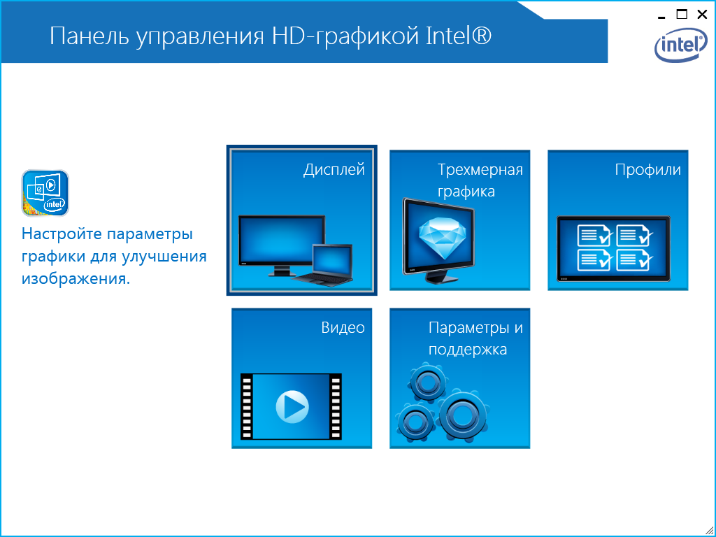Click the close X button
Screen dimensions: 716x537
702,15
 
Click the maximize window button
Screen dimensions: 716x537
682,14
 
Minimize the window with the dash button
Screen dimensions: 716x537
661,17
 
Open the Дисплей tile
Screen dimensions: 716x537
302,220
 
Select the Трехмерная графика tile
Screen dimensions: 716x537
460,220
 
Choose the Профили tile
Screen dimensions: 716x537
618,220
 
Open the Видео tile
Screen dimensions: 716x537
302,378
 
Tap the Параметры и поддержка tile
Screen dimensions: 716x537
460,378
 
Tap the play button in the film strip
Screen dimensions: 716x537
292,406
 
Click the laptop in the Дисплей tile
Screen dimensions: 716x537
324,265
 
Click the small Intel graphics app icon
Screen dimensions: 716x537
45,193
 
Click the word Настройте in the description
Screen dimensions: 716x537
62,234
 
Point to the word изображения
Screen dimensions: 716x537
76,279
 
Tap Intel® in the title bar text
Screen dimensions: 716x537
459,36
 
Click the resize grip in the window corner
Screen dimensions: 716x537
710,531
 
